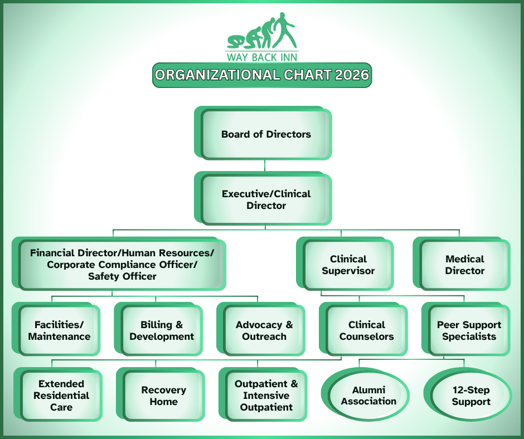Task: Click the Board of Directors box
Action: point(263,133)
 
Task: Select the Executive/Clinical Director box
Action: point(263,198)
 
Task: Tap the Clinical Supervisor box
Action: point(345,264)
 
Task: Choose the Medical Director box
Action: point(462,264)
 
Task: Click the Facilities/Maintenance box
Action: point(56,329)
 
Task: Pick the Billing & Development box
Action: point(158,329)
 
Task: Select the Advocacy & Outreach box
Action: point(261,329)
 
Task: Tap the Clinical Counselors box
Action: point(363,329)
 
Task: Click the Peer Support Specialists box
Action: point(466,329)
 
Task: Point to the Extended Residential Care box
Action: point(58,394)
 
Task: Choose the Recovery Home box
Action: point(161,394)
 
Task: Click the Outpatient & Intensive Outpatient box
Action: point(263,394)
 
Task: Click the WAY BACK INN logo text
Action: point(262,57)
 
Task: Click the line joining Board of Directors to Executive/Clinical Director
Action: point(265,165)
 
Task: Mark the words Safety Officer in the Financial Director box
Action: point(122,276)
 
